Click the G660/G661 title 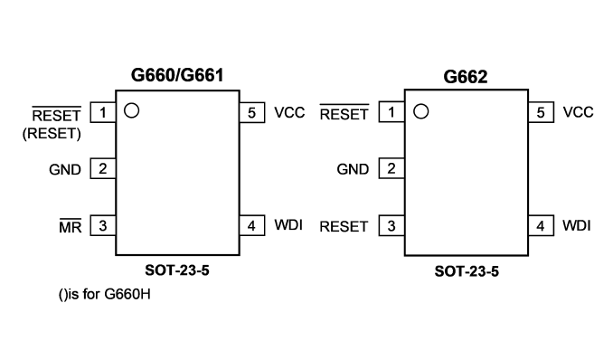click(177, 75)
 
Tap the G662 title click(466, 76)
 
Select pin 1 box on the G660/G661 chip click(103, 112)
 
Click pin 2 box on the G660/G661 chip click(103, 168)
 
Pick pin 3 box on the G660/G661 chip click(103, 225)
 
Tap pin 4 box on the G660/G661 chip click(251, 225)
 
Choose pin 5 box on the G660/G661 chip click(251, 113)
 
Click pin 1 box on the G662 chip click(391, 112)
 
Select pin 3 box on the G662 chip click(391, 225)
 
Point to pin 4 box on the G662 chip click(541, 225)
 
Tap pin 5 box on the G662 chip click(541, 112)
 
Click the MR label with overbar click(71, 225)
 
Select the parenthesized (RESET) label click(52, 134)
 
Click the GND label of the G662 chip click(353, 169)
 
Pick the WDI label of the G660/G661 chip click(288, 225)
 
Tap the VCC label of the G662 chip click(579, 112)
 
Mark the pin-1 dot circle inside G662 click(420, 111)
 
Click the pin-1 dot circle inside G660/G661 click(131, 110)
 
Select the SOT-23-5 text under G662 click(467, 271)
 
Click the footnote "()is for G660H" click(104, 294)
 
